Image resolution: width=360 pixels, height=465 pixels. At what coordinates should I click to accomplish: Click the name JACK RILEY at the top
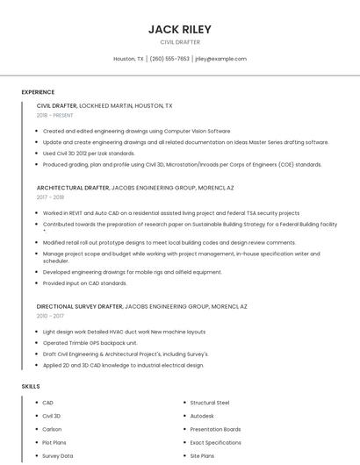(x=179, y=30)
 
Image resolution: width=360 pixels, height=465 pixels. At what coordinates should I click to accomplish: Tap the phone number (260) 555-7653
(x=169, y=59)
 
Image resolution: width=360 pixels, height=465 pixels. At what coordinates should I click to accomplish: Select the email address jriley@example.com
(x=220, y=59)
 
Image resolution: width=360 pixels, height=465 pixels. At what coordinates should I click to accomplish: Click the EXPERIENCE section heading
(x=38, y=92)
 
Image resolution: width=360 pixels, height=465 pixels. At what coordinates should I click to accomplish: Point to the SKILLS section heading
(x=31, y=386)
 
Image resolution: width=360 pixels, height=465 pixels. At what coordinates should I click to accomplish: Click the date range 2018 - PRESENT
(x=55, y=115)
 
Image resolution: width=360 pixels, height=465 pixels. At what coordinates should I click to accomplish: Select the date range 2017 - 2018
(x=52, y=198)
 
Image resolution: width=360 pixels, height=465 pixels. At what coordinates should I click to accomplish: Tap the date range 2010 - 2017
(x=50, y=316)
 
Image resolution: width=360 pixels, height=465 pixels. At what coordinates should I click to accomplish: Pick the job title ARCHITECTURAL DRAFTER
(x=73, y=188)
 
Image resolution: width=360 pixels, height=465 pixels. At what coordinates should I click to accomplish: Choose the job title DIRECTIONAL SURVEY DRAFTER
(x=80, y=306)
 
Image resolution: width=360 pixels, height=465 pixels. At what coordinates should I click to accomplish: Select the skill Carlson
(x=52, y=429)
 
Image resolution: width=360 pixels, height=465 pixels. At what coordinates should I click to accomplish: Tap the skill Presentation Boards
(x=215, y=429)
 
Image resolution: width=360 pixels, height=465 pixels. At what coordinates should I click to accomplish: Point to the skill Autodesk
(x=202, y=415)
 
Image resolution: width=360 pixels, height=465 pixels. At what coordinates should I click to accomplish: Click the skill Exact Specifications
(x=215, y=443)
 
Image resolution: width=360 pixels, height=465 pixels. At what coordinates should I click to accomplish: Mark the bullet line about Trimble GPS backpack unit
(x=90, y=342)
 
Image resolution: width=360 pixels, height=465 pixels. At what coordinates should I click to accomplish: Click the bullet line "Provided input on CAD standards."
(x=84, y=283)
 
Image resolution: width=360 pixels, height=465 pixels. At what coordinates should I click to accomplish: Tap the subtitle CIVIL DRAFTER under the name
(x=179, y=41)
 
